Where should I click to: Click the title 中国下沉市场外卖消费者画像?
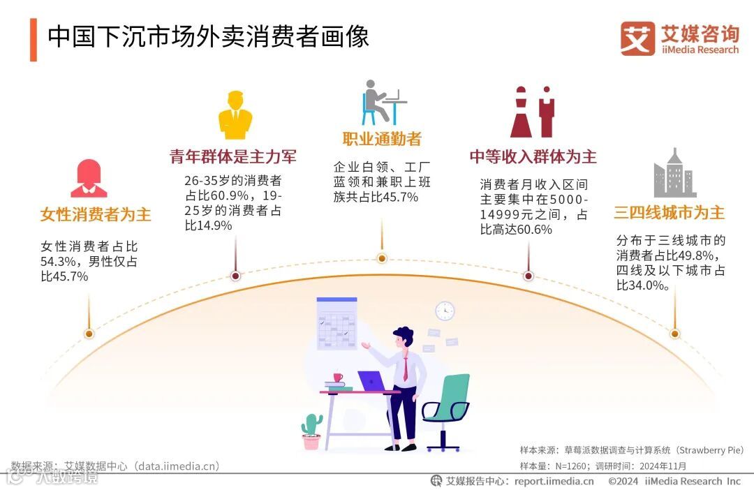(x=208, y=36)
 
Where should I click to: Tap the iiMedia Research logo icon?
(x=637, y=38)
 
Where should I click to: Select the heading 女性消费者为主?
(x=96, y=214)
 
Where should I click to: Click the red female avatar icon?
(x=89, y=179)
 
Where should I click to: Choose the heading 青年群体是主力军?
(x=233, y=156)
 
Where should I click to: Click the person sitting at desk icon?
(x=382, y=103)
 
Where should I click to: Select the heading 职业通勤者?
(x=382, y=138)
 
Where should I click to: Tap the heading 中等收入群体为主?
(x=533, y=156)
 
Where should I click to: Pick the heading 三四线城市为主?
(x=669, y=212)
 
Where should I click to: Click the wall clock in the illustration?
(x=445, y=311)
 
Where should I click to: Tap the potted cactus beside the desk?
(x=311, y=431)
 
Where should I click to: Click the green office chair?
(x=447, y=409)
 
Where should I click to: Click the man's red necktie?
(x=405, y=366)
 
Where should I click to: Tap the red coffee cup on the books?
(x=338, y=378)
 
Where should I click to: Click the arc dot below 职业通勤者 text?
(x=382, y=258)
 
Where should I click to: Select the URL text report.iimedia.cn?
(x=554, y=481)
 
